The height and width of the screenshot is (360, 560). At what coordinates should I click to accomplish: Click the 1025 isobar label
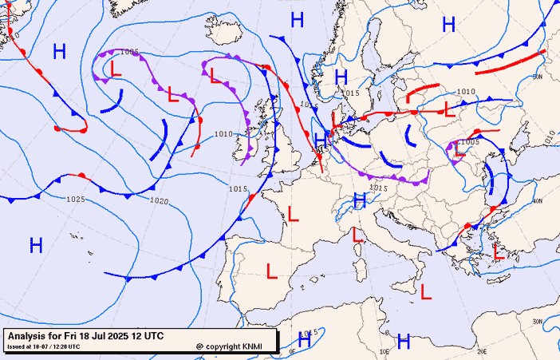coord(76,199)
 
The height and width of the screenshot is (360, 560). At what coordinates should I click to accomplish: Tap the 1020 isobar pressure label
coord(159,201)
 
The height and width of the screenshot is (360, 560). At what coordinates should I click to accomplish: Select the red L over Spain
coord(271,270)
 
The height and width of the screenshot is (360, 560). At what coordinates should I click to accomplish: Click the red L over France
coord(294,213)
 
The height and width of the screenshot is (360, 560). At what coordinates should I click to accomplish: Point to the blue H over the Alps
coord(359,201)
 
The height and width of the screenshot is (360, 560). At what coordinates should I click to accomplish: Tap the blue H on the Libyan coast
coord(404,342)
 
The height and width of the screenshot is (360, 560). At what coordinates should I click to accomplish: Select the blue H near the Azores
coord(36,245)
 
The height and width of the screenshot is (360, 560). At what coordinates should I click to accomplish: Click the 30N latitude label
coord(538,322)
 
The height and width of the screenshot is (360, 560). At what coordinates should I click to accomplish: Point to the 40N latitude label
coord(538,202)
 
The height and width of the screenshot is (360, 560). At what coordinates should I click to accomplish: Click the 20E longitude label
coord(482,350)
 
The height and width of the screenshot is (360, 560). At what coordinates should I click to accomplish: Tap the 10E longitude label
coord(385,350)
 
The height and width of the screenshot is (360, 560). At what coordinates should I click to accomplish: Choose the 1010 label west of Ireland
coord(223,134)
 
